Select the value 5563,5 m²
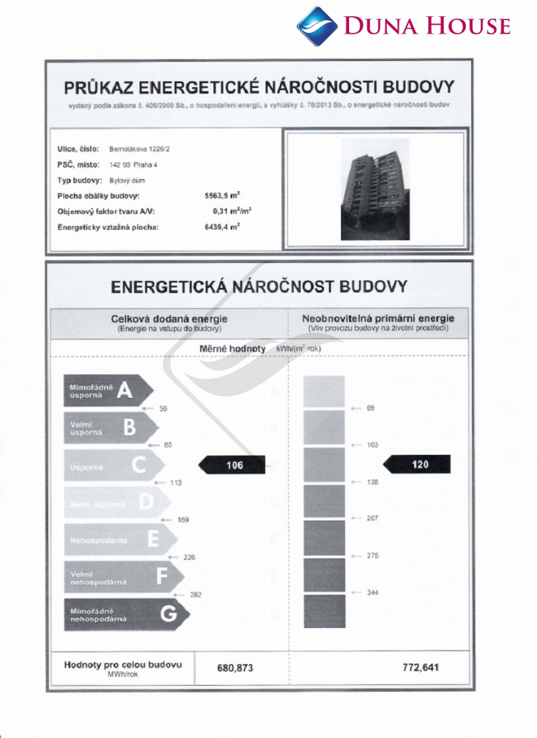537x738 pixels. point(222,197)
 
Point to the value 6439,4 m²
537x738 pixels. point(222,227)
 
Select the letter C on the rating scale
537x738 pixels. point(138,465)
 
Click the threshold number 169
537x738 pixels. point(183,520)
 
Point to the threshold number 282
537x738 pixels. point(195,594)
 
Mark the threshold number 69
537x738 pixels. point(370,409)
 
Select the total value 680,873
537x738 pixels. point(236,668)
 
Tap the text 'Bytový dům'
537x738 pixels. point(127,180)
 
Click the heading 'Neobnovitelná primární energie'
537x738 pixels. point(379,318)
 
